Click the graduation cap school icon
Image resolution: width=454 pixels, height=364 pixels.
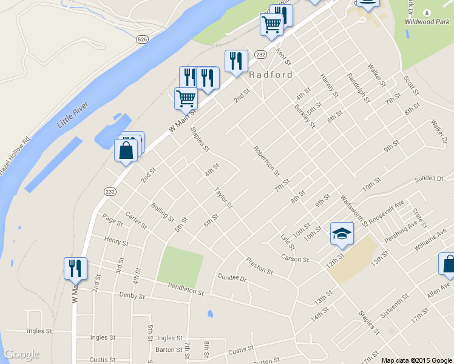click(x=342, y=234)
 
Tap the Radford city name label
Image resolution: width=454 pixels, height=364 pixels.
click(x=271, y=75)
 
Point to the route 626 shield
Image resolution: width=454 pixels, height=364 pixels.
click(x=142, y=39)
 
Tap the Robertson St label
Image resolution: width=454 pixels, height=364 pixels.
click(x=267, y=161)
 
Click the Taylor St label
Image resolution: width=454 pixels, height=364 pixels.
click(x=223, y=198)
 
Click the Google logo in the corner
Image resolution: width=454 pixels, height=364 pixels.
click(x=21, y=354)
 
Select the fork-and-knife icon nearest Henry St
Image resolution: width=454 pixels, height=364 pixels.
click(x=75, y=268)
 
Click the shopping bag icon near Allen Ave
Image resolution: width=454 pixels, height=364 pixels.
click(x=448, y=265)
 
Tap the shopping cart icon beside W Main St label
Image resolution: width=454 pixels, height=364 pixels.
click(x=186, y=98)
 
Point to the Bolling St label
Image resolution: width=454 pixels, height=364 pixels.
click(x=163, y=212)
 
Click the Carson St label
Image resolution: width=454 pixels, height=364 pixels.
click(x=296, y=259)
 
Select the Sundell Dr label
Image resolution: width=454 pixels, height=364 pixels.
click(x=429, y=179)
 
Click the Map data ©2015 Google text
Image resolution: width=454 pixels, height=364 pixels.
click(x=417, y=360)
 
